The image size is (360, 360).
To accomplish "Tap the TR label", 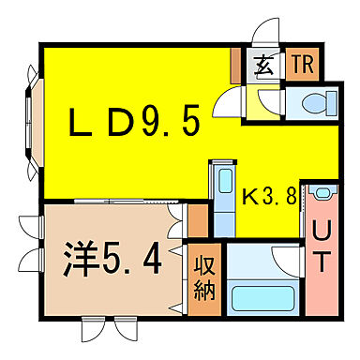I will point(303,65).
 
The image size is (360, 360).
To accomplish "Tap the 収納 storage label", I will point(204,277).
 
